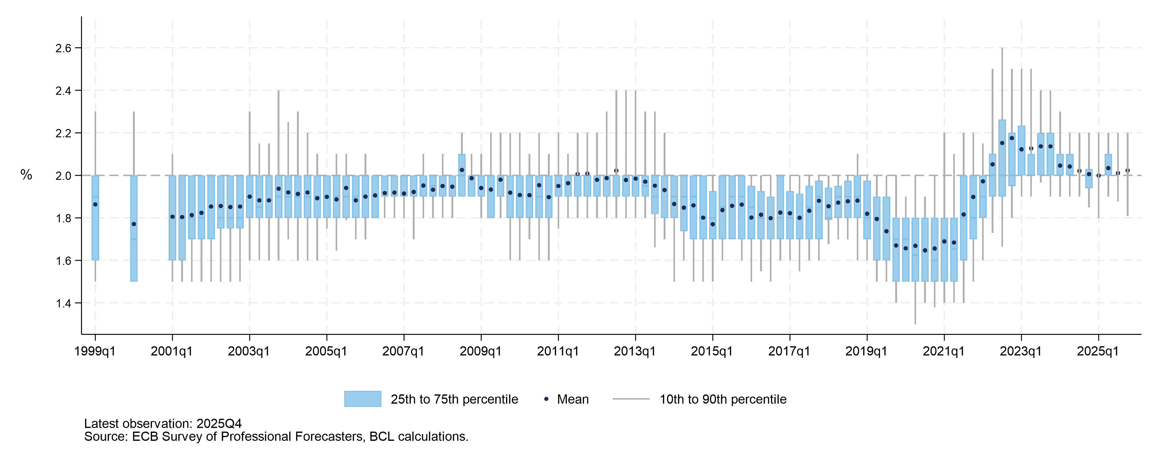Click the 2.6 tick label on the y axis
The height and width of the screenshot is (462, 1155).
click(63, 48)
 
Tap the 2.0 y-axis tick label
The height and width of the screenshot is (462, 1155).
click(63, 176)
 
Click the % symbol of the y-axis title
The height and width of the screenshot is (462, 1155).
click(26, 175)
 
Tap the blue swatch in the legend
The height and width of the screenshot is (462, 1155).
click(362, 399)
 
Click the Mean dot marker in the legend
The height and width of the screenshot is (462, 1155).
click(546, 399)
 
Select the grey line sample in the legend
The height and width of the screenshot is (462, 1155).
click(630, 399)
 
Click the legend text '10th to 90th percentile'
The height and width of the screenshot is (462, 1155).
click(723, 399)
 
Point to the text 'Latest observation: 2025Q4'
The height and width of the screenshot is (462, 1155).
click(163, 423)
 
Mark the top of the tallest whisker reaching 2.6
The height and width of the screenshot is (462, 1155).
click(1002, 49)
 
